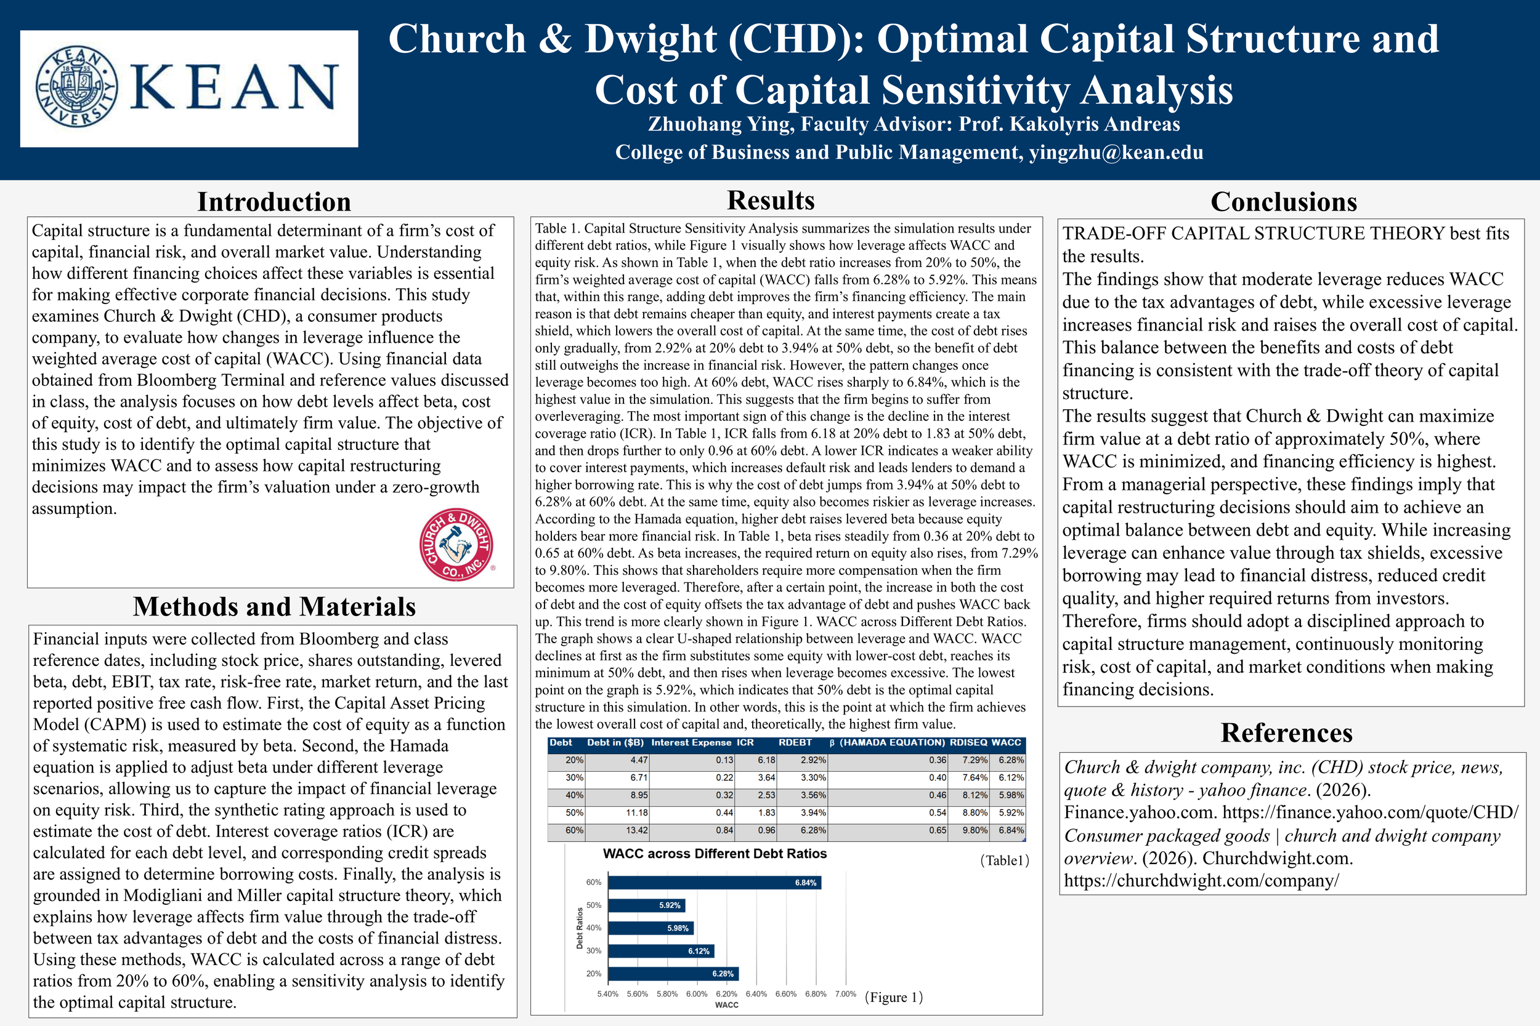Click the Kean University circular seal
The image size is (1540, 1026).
76,86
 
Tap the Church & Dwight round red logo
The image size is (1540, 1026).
456,545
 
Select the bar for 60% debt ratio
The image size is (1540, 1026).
714,883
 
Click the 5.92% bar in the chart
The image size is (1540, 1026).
646,905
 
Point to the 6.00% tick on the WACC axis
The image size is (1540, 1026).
697,994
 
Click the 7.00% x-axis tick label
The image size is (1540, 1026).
845,994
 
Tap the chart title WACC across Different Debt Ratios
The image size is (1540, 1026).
715,854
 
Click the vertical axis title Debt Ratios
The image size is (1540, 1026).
580,928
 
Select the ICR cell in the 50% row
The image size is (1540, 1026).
766,812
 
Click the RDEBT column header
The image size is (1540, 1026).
795,743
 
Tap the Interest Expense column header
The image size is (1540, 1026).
691,743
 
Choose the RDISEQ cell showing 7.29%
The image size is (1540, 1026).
975,760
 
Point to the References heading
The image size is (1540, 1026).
1286,733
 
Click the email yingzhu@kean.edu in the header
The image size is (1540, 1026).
1116,153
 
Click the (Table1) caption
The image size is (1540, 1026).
1005,860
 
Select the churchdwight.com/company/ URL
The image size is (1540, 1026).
1201,881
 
